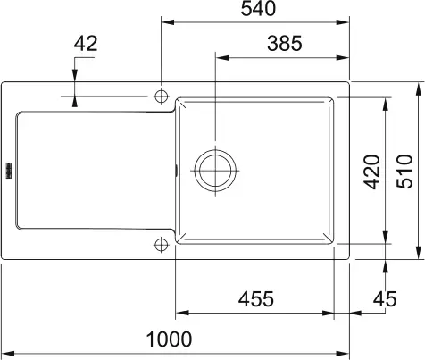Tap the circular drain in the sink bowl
(216, 167)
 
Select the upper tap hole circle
(162, 96)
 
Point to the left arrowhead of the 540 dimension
(167, 21)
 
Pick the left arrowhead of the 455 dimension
(180, 314)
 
